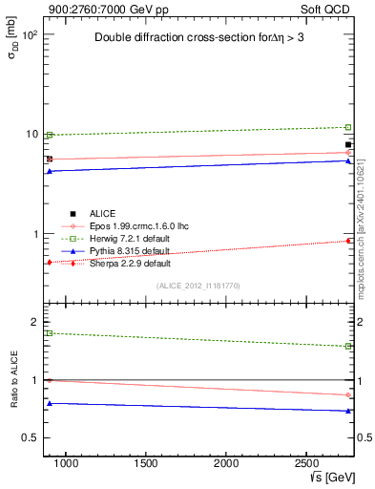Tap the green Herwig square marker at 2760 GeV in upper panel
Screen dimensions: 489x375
point(348,127)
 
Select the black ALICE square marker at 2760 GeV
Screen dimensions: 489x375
point(348,144)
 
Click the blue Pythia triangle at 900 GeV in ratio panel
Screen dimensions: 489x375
point(50,403)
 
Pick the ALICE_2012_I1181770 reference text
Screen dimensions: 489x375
point(198,286)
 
